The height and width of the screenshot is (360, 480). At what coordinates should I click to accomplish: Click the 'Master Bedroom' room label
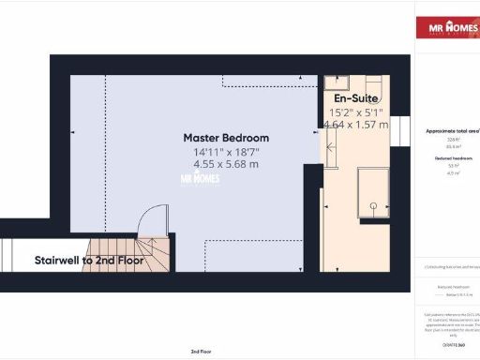point(225,138)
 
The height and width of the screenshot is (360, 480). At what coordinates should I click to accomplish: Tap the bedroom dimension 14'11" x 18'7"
point(225,153)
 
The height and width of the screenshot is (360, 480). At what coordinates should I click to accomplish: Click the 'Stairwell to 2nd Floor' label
point(89,260)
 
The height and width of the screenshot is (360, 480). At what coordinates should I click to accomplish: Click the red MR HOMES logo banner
point(446,27)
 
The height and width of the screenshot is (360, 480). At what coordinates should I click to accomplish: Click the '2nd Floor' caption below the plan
point(200,351)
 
